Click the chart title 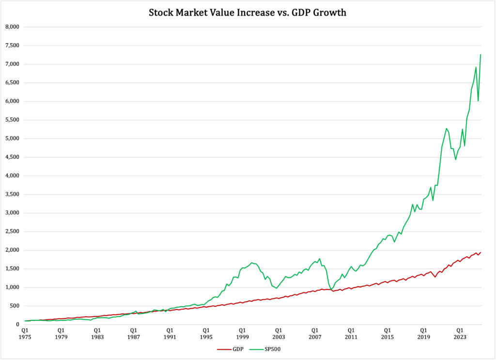coord(248,13)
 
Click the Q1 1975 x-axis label coord(24,333)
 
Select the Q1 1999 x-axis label coord(242,333)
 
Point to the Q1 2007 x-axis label coord(315,333)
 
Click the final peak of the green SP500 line coord(480,54)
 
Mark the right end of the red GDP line coord(480,252)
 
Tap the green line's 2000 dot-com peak coord(252,263)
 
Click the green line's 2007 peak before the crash coord(320,259)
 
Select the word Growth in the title coord(329,13)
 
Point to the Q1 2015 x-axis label coord(387,333)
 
